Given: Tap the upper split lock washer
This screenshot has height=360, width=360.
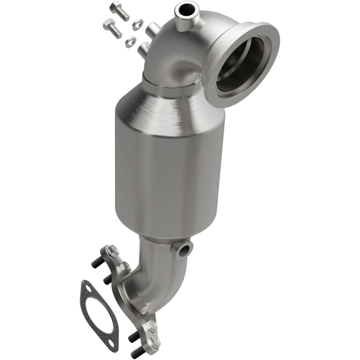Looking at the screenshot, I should coord(137,23).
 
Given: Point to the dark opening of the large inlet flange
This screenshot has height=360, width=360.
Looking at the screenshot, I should coord(240,64).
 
